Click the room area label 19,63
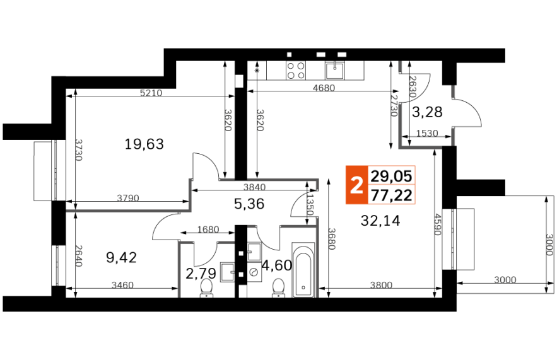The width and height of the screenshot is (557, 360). pyautogui.click(x=144, y=144)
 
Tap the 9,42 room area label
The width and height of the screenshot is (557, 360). pyautogui.click(x=121, y=257)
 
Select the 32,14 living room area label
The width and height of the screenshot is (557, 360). pyautogui.click(x=380, y=221)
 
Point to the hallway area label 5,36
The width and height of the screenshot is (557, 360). pyautogui.click(x=249, y=204)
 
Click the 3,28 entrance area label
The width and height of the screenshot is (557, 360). pyautogui.click(x=427, y=112)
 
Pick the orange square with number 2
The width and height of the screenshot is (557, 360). pyautogui.click(x=356, y=185)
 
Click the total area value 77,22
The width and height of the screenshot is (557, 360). pyautogui.click(x=391, y=195)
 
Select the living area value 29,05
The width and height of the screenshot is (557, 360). pyautogui.click(x=391, y=176)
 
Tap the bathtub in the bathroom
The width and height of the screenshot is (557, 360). pyautogui.click(x=303, y=270)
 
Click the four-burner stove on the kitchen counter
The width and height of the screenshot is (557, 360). pyautogui.click(x=296, y=70)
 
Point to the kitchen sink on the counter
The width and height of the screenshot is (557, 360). pyautogui.click(x=334, y=70)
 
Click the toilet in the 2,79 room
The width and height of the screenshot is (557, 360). pyautogui.click(x=206, y=287)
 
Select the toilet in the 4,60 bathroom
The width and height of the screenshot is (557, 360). pyautogui.click(x=278, y=287)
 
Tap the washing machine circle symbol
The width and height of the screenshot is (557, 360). pyautogui.click(x=254, y=272)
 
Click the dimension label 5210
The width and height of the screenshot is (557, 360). pyautogui.click(x=151, y=93)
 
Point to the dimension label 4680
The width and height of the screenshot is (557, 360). pyautogui.click(x=324, y=88)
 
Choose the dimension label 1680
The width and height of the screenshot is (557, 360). pyautogui.click(x=208, y=229)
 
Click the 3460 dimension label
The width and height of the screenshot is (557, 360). pyautogui.click(x=122, y=285)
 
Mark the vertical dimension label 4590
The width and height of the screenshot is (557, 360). pyautogui.click(x=437, y=224)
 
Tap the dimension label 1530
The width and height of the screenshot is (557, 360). pyautogui.click(x=427, y=134)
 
